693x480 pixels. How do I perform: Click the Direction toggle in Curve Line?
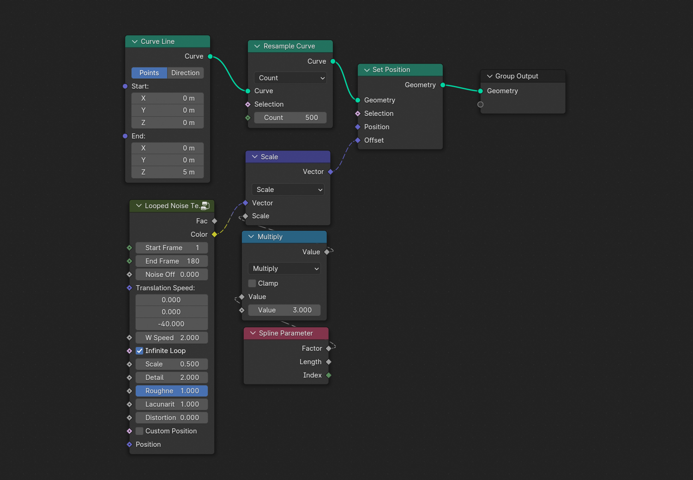pos(185,73)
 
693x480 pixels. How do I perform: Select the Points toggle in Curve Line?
pos(149,73)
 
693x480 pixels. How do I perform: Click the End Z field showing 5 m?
pos(168,172)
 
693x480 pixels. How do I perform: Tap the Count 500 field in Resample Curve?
pos(290,118)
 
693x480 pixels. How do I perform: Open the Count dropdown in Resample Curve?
pos(290,78)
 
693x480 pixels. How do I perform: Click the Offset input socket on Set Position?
pos(358,140)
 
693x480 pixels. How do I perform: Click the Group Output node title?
pos(517,76)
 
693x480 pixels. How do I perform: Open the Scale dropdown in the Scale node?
pos(288,190)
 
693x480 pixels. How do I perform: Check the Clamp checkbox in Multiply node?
pos(252,283)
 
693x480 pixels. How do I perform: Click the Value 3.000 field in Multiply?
pos(284,310)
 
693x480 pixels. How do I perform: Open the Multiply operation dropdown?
pos(284,269)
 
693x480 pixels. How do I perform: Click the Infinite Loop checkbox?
pos(140,351)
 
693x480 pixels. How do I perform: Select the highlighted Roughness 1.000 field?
pos(172,391)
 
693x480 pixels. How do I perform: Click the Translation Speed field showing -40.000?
pos(172,324)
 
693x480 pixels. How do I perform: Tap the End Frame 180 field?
pos(172,261)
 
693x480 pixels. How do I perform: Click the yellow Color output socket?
pos(214,234)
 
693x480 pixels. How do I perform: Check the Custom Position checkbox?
pos(140,431)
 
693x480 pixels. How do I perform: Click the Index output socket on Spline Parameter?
pos(329,375)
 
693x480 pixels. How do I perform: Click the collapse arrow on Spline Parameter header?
pos(253,333)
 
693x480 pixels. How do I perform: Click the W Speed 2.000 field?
pos(172,338)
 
